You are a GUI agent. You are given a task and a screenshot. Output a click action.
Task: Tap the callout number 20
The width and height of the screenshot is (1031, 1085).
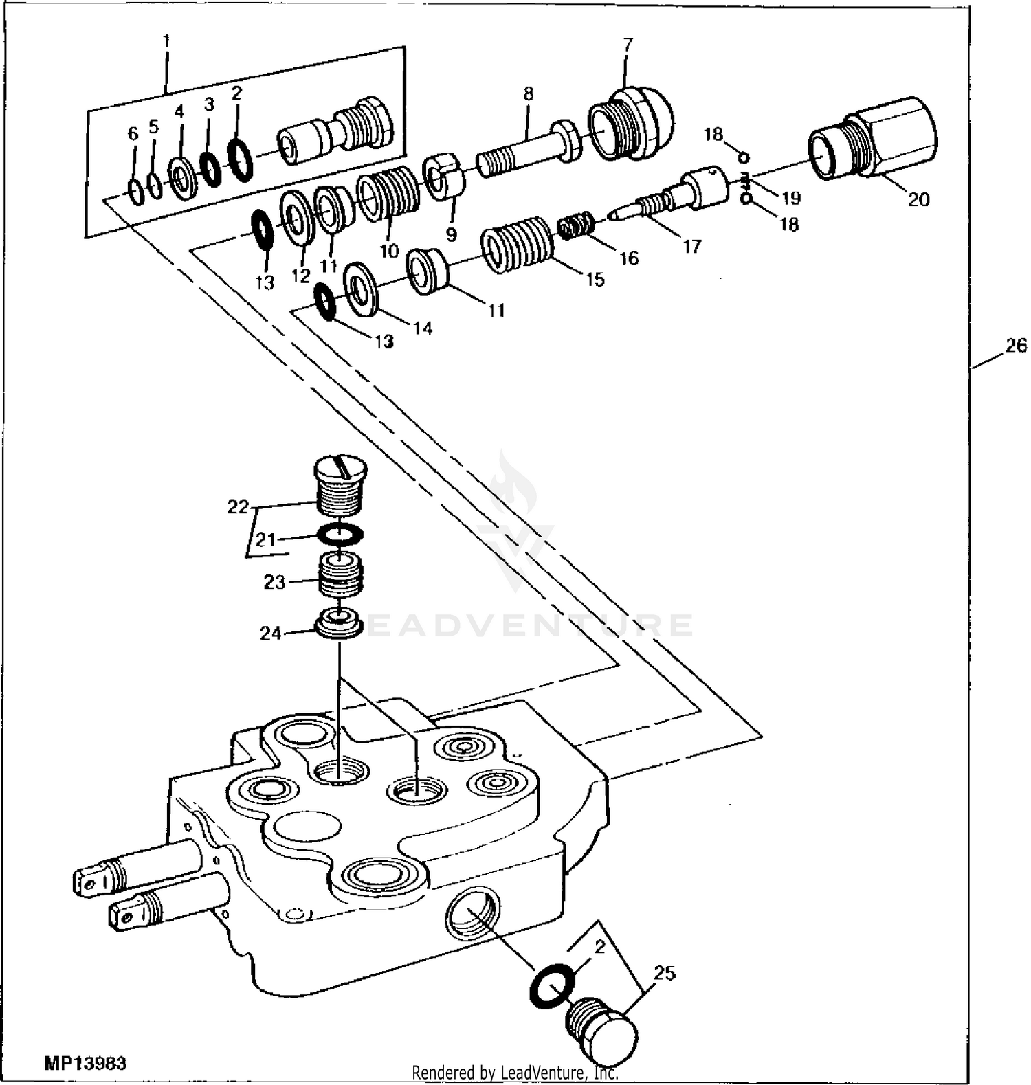pos(919,199)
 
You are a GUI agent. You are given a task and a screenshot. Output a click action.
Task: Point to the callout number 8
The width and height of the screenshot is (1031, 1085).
pos(528,93)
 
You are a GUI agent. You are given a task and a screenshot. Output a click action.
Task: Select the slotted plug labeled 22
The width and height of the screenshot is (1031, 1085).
pos(340,484)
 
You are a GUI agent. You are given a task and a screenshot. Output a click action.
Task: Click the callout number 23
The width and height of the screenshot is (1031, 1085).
pos(274,582)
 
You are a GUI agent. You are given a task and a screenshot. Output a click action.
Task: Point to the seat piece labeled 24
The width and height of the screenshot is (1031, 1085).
pos(339,623)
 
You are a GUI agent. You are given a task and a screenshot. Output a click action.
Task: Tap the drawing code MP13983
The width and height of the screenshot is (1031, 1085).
pos(85,1064)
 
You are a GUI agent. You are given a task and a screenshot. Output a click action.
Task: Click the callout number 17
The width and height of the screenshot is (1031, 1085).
pos(692,246)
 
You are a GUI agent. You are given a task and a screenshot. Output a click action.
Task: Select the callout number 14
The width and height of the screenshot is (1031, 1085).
pos(423,328)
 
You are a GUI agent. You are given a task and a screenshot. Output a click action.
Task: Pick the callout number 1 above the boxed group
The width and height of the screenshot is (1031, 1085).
pos(166,41)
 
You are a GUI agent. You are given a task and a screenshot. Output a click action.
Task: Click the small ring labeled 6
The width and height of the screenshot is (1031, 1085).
pos(136,192)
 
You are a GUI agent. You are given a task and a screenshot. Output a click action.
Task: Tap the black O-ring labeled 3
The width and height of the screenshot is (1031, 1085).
pos(210,170)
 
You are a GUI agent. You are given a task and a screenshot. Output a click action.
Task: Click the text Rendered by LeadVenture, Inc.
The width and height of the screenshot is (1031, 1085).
pos(515,1073)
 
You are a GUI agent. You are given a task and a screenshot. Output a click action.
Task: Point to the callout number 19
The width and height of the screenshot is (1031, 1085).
pos(791,198)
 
